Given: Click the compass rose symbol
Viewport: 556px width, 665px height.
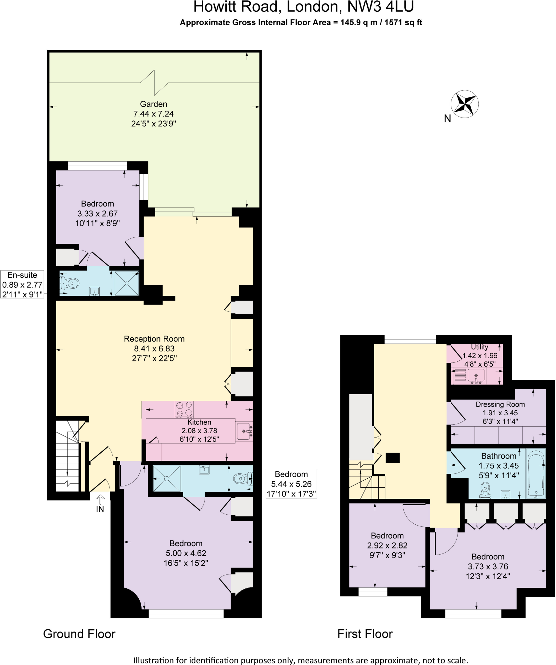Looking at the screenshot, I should [x=464, y=104].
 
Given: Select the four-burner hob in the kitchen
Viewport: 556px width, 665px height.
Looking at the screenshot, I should [x=184, y=409].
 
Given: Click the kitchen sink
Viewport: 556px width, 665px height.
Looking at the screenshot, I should [x=244, y=432].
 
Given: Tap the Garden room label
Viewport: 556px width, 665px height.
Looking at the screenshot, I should [x=154, y=104].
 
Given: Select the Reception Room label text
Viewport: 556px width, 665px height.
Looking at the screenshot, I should [x=154, y=339].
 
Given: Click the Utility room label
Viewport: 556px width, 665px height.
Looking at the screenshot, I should [x=479, y=347].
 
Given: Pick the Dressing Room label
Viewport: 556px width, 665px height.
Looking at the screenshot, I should [x=500, y=404].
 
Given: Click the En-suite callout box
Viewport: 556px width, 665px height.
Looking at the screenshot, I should [x=22, y=284].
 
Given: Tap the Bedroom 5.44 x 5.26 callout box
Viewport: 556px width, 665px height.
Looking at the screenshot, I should [x=291, y=484].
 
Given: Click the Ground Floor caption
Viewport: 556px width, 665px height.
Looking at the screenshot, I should [x=79, y=634].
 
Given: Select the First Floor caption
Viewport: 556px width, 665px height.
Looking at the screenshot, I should [x=365, y=634].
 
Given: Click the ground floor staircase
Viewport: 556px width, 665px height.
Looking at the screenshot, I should [x=68, y=456].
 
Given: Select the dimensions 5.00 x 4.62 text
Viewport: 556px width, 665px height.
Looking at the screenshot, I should [x=186, y=553].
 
